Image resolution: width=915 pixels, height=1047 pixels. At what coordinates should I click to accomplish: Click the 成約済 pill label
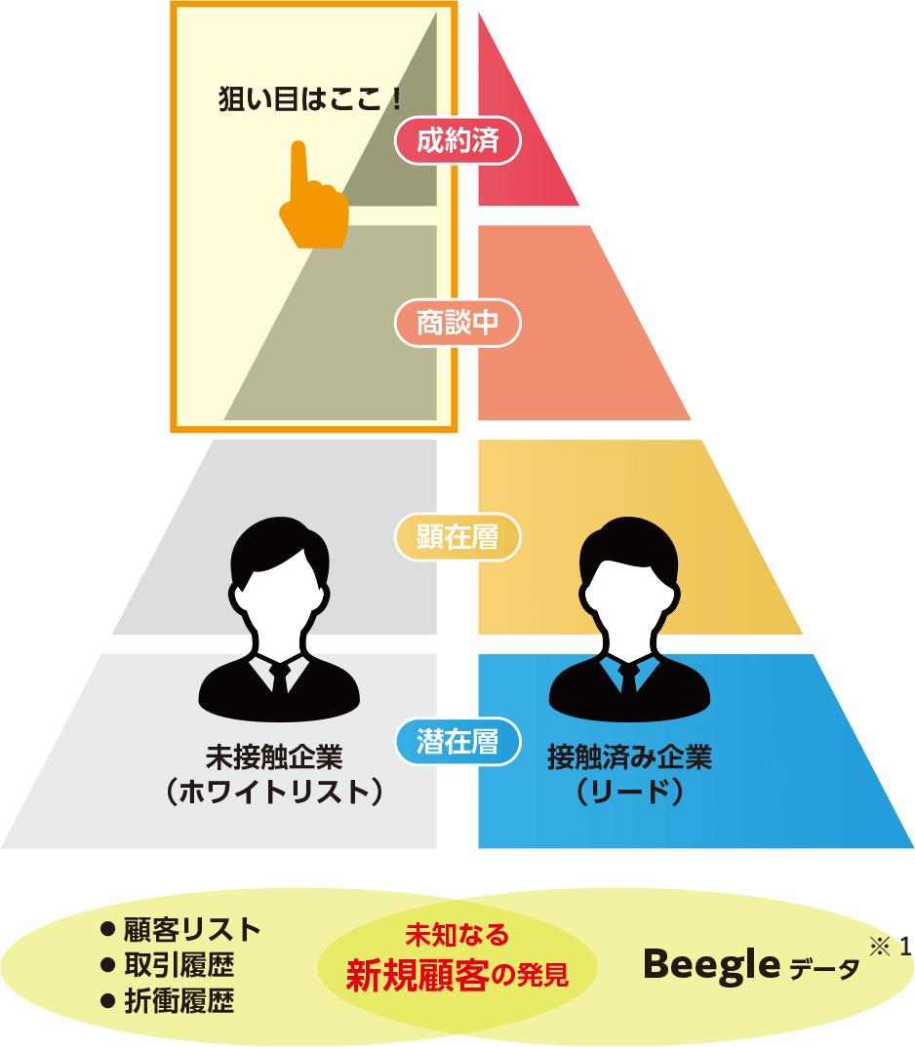click(457, 141)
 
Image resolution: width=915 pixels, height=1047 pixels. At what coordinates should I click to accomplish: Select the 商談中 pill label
click(457, 323)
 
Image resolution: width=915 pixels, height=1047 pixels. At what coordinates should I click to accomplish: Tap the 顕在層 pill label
click(457, 537)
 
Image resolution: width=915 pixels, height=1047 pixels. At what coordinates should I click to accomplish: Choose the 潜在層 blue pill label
click(457, 742)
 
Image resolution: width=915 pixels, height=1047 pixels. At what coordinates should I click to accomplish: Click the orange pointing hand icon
click(311, 200)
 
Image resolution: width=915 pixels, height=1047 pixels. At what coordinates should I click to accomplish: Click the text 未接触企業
click(274, 757)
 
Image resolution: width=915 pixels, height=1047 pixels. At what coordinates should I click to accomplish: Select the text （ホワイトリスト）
click(274, 792)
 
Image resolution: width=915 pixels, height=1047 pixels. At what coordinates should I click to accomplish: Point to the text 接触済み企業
click(629, 757)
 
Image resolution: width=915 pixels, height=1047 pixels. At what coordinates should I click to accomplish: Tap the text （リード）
click(629, 792)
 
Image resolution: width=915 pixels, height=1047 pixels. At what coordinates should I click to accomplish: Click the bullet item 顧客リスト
click(190, 929)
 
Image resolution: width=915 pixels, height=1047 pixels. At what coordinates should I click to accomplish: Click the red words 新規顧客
click(417, 976)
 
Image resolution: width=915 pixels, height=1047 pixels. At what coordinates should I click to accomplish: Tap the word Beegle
click(711, 964)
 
